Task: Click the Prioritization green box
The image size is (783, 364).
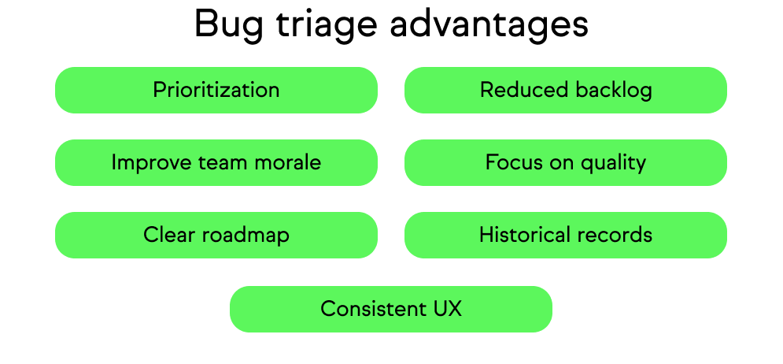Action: pyautogui.click(x=216, y=90)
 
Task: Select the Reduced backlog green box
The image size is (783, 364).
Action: pyautogui.click(x=565, y=90)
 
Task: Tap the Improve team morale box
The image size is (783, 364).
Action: pyautogui.click(x=216, y=162)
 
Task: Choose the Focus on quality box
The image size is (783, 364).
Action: pyautogui.click(x=565, y=162)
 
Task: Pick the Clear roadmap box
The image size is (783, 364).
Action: pyautogui.click(x=216, y=235)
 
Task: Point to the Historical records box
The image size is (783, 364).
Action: pyautogui.click(x=565, y=235)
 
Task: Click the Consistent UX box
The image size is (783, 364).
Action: pyautogui.click(x=390, y=309)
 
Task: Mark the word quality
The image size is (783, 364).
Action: pyautogui.click(x=613, y=163)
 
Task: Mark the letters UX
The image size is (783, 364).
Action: pyautogui.click(x=447, y=309)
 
